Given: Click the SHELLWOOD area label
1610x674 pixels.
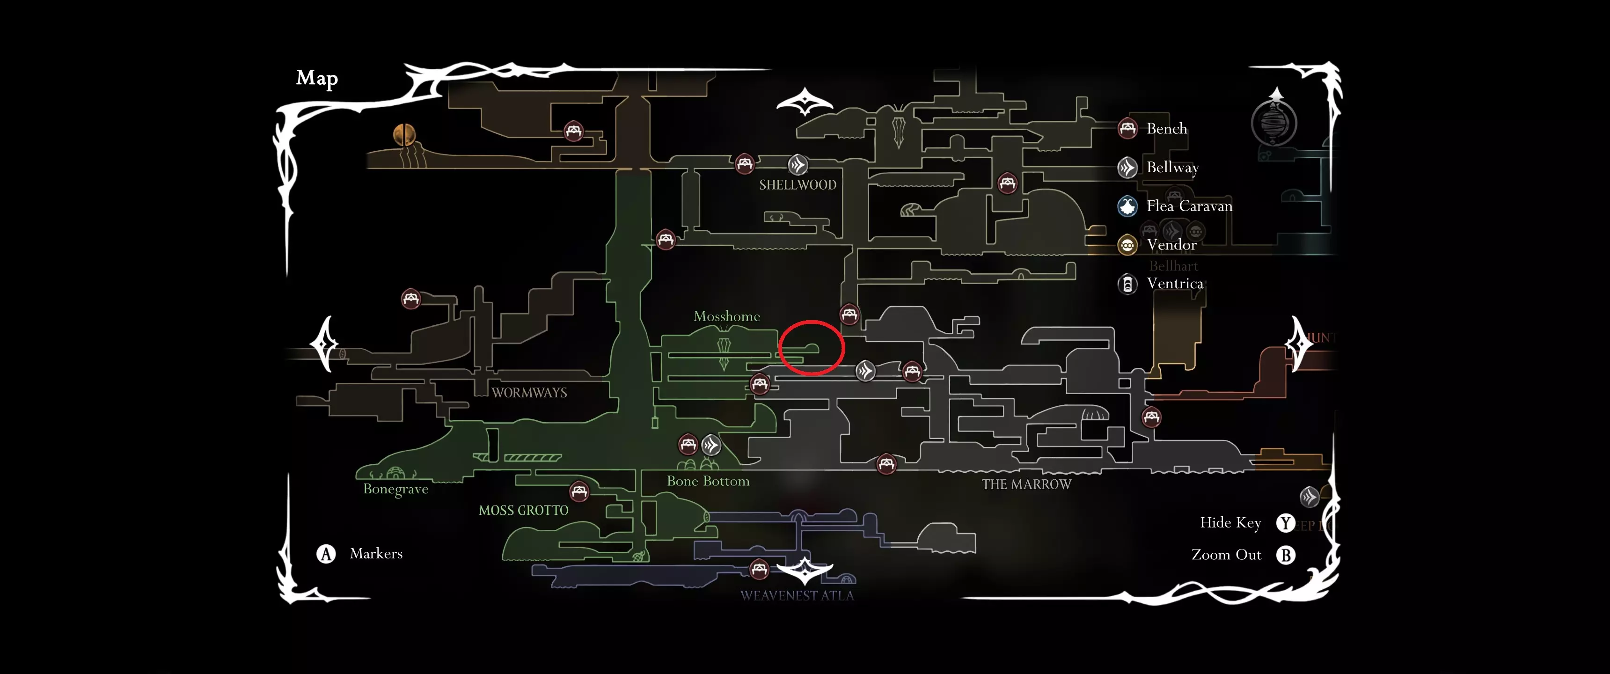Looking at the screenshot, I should tap(798, 185).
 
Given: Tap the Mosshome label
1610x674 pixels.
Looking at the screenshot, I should tap(726, 316).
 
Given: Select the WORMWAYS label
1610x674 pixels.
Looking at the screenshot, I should tap(529, 393).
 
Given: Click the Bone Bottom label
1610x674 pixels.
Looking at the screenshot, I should tap(708, 481).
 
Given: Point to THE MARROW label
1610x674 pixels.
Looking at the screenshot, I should tap(1026, 484).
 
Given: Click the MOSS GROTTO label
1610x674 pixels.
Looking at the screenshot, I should tap(523, 510).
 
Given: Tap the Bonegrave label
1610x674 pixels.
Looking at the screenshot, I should tap(395, 489).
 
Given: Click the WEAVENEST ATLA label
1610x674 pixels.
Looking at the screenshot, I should tap(797, 596).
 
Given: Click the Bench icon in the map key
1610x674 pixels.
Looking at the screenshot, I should tap(1127, 128).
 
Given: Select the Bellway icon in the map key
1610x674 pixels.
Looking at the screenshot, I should tap(1127, 168).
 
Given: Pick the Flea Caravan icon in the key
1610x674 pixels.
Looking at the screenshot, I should tap(1127, 206).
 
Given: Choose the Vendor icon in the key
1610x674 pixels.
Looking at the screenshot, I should tap(1127, 245).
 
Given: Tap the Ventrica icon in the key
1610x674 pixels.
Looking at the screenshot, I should tap(1127, 284).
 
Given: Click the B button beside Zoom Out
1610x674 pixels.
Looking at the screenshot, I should tap(1286, 555).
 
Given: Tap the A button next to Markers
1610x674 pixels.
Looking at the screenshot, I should tap(326, 554).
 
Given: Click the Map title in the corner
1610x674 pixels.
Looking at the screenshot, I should tap(317, 78).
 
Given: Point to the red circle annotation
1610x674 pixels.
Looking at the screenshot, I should tap(811, 348).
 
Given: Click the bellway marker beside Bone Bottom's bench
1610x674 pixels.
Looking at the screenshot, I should tap(711, 445).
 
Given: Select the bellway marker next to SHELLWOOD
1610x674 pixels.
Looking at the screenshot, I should tap(798, 165).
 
